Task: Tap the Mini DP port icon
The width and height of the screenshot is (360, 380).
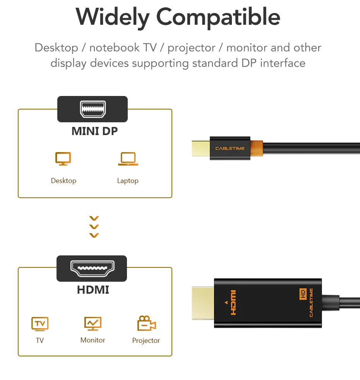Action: (x=92, y=109)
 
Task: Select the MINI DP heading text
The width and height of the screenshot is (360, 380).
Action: (x=94, y=131)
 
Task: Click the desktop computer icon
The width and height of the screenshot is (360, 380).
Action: (x=63, y=159)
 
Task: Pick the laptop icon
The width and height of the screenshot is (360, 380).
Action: (x=128, y=159)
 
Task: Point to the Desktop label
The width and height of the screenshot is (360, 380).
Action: (x=63, y=181)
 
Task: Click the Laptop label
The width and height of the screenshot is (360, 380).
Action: (x=128, y=181)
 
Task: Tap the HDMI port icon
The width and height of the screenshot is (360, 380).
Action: (x=92, y=268)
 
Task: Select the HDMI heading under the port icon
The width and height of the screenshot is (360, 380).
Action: (x=93, y=289)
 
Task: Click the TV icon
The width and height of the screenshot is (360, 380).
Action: (x=39, y=324)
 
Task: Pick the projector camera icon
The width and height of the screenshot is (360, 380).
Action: (x=146, y=324)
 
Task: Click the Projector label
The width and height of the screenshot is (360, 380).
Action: (x=146, y=341)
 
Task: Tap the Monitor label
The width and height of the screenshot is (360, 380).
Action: (x=93, y=340)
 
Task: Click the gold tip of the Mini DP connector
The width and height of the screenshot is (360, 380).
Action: (x=201, y=149)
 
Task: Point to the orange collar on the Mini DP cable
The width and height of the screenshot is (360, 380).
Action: (x=256, y=149)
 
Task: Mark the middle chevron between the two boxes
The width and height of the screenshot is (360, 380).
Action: (x=94, y=227)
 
